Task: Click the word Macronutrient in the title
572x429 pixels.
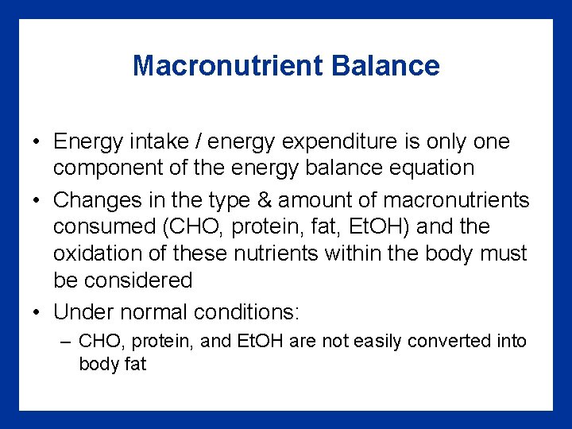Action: [229, 65]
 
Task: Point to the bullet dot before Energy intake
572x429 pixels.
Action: [37, 143]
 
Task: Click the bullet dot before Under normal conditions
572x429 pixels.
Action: [37, 312]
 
